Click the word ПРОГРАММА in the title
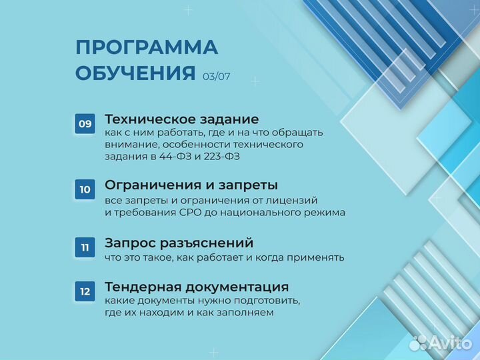pyautogui.click(x=147, y=48)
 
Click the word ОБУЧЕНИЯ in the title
pyautogui.click(x=135, y=73)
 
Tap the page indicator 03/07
pyautogui.click(x=217, y=76)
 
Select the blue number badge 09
pyautogui.click(x=85, y=123)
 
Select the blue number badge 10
pyautogui.click(x=85, y=189)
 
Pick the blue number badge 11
pyautogui.click(x=85, y=247)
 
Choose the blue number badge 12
pyautogui.click(x=85, y=291)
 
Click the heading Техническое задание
pyautogui.click(x=181, y=119)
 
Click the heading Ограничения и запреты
pyautogui.click(x=191, y=185)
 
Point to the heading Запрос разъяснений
pyautogui.click(x=179, y=243)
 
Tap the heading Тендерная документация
pyautogui.click(x=197, y=287)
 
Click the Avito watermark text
pyautogui.click(x=451, y=343)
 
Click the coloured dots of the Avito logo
pyautogui.click(x=418, y=343)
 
